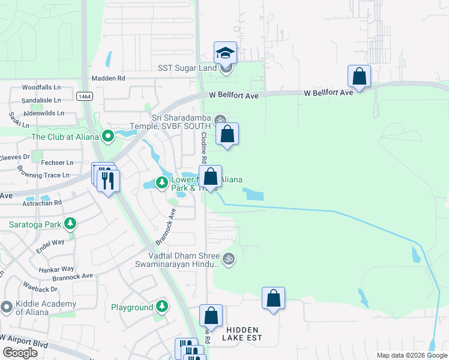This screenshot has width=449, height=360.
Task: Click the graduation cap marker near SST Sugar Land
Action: tap(226, 53)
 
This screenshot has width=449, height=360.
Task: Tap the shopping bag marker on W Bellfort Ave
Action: tap(359, 77)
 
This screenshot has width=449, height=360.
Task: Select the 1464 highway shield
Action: tap(84, 95)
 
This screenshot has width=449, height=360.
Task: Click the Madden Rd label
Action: tap(108, 78)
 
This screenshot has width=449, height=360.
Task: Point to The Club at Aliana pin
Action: tap(108, 137)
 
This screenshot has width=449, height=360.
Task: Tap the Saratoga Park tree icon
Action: tap(71, 224)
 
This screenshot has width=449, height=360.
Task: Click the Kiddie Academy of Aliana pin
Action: tap(7, 307)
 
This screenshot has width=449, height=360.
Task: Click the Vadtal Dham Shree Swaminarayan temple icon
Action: tap(228, 259)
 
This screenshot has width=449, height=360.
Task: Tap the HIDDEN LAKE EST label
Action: tap(243, 334)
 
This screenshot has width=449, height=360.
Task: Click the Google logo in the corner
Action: tap(20, 353)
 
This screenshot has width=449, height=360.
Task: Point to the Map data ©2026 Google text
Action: tap(411, 355)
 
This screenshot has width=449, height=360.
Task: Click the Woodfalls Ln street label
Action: tap(42, 87)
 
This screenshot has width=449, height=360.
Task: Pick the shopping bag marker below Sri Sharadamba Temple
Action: tap(228, 134)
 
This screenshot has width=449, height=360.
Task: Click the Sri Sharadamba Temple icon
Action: tap(220, 119)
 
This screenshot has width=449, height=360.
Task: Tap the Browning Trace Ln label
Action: tap(44, 175)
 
